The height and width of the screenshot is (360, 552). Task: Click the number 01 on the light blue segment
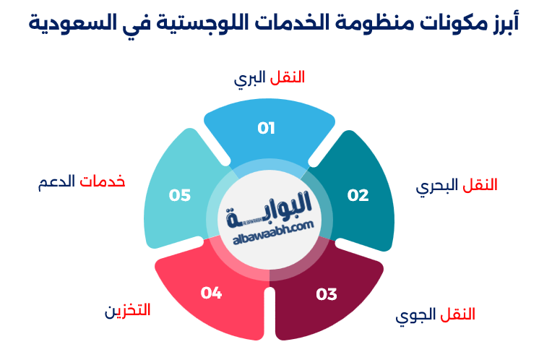[267, 129]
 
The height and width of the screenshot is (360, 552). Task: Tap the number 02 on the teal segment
[358, 195]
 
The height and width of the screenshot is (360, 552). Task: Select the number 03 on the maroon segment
[327, 294]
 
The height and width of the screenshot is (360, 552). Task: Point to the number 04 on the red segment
[211, 293]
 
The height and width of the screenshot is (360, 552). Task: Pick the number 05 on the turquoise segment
[180, 195]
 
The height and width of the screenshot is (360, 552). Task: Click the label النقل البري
[269, 77]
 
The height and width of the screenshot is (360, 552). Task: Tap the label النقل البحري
[457, 186]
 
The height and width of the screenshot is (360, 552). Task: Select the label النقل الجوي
[436, 315]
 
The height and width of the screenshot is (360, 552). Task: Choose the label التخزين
[127, 311]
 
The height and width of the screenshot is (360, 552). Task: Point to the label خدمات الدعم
[82, 181]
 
